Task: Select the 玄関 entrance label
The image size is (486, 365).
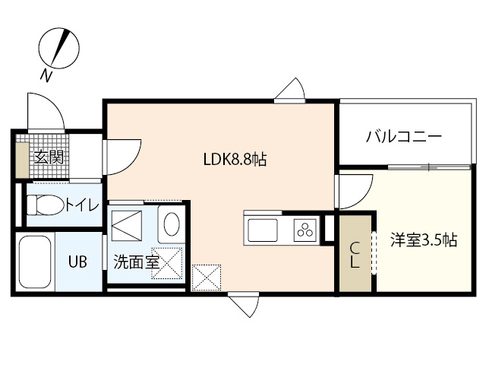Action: (x=47, y=158)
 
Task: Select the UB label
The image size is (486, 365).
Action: (x=77, y=262)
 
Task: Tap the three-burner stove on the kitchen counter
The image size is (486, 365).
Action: (x=305, y=229)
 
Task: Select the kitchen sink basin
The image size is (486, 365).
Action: (x=262, y=229)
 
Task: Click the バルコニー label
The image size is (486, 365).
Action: (x=403, y=138)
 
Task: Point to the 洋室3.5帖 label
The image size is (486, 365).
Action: (x=424, y=240)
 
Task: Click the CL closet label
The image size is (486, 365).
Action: (x=355, y=254)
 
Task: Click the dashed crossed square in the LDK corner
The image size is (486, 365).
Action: (x=207, y=277)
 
